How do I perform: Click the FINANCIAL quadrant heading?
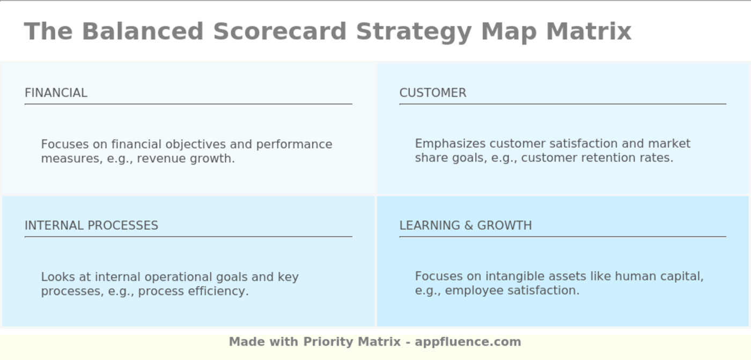[x=56, y=93]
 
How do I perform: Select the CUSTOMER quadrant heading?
[x=432, y=93]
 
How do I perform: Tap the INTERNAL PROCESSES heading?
[x=91, y=225]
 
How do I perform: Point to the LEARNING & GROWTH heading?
[x=465, y=225]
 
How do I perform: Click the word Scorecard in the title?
[x=279, y=31]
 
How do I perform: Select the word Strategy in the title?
[x=414, y=31]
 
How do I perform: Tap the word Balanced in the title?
[x=142, y=31]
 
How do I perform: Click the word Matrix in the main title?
[x=588, y=31]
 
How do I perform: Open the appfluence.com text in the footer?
[x=468, y=342]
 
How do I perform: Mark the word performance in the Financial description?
[x=294, y=145]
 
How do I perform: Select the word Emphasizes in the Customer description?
[x=450, y=144]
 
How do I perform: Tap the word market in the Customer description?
[x=669, y=144]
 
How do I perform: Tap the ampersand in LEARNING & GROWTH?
[x=468, y=225]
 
